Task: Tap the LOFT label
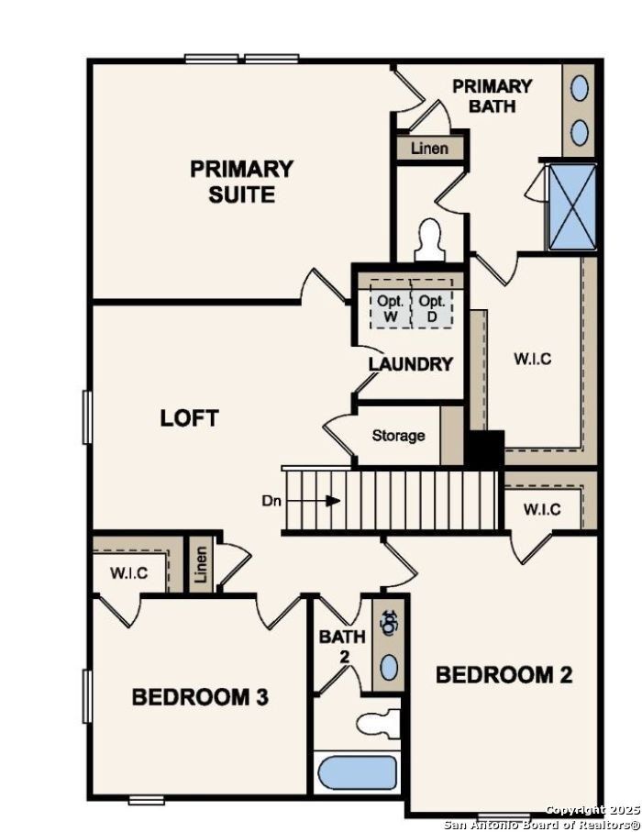[x=189, y=418]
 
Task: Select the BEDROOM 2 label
[x=504, y=675]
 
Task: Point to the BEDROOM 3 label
[x=200, y=697]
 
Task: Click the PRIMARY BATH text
[x=492, y=95]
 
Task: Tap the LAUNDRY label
[x=411, y=364]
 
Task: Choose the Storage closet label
[x=398, y=435]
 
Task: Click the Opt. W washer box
[x=391, y=308]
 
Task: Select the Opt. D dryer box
[x=432, y=308]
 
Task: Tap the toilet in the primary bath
[x=428, y=240]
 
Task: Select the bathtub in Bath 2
[x=358, y=772]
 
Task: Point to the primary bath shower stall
[x=571, y=207]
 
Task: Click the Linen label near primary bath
[x=429, y=148]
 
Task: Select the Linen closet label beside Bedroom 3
[x=201, y=567]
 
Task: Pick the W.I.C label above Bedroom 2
[x=542, y=510]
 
